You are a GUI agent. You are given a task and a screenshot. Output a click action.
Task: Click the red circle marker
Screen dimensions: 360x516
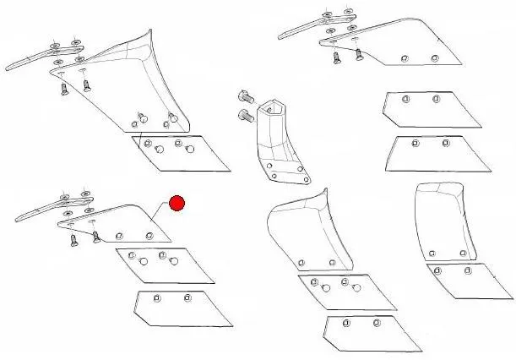177,204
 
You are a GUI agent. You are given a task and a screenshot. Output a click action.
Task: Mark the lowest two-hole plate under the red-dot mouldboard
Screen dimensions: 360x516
182,308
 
